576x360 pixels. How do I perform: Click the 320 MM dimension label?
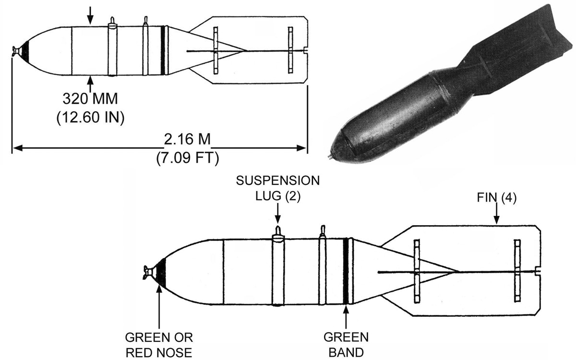tap(90, 98)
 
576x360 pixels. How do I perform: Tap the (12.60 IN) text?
tap(90, 117)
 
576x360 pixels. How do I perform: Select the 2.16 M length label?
tap(187, 139)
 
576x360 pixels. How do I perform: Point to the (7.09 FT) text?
tap(188, 157)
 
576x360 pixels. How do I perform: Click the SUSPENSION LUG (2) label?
tap(278, 189)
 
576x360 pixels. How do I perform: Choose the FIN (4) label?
tap(496, 197)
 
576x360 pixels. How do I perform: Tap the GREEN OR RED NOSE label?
tap(159, 345)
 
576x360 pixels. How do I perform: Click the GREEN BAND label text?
tap(346, 345)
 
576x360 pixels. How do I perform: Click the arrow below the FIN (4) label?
tap(496, 213)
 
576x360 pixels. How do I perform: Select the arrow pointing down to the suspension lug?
tap(278, 213)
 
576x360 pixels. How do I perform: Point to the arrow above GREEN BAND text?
tap(346, 317)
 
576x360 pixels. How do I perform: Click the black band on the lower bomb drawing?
tap(346, 271)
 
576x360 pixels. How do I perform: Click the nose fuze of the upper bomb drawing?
tap(16, 51)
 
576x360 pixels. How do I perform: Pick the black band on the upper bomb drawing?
tap(163, 50)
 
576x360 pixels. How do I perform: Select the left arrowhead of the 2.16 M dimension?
tap(18, 148)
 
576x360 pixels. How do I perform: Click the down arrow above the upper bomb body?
tap(90, 15)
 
